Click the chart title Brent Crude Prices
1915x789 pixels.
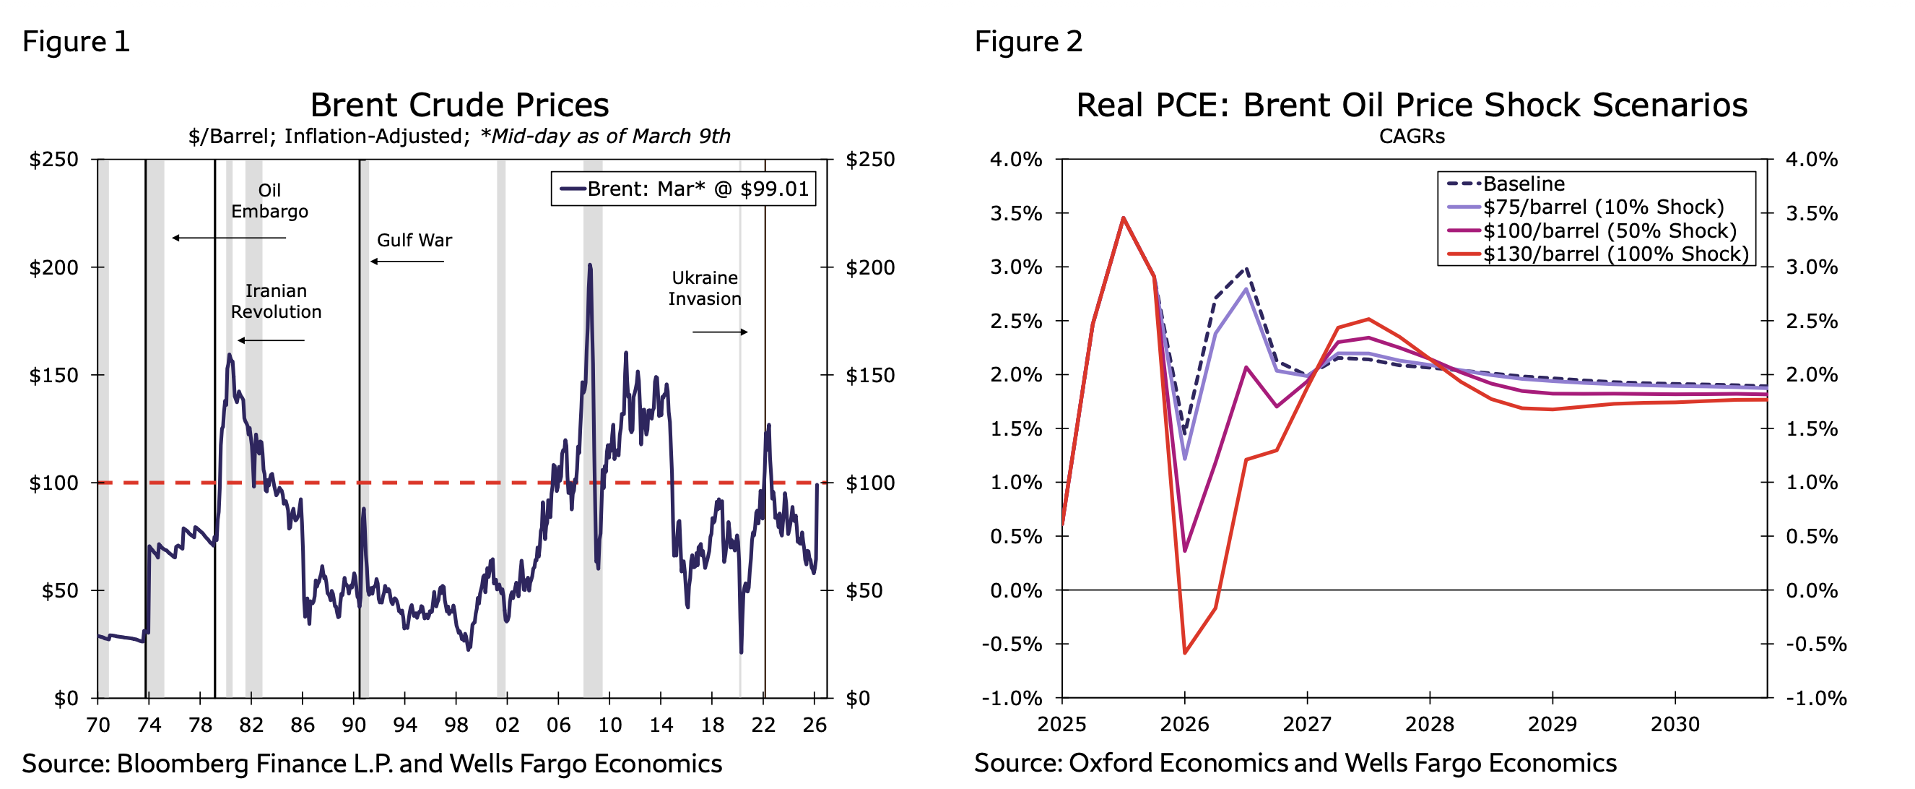point(459,105)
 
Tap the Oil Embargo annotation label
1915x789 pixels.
point(269,201)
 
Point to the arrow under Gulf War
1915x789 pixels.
point(407,262)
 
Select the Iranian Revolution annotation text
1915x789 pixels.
point(276,301)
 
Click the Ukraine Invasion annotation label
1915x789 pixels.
point(705,288)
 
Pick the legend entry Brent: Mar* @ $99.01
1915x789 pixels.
point(684,189)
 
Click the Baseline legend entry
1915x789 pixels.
point(1523,184)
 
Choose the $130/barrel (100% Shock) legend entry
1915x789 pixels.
point(1615,254)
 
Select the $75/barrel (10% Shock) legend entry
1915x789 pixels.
point(1603,207)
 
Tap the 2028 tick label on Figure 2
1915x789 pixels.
point(1430,723)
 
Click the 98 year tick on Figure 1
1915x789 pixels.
point(456,725)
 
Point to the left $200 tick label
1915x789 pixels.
point(53,268)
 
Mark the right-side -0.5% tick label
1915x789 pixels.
point(1816,644)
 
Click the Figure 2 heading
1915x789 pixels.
point(1028,42)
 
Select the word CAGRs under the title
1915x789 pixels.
point(1412,137)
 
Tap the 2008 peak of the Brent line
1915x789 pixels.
point(589,265)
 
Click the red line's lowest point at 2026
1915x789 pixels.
point(1185,653)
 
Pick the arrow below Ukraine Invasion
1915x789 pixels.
point(720,332)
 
